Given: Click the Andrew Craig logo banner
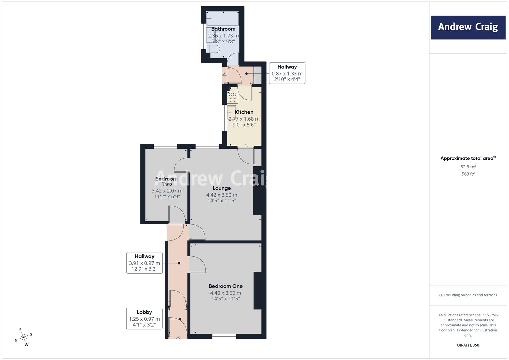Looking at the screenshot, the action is tap(468, 27).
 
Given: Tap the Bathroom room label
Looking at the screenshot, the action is tap(223, 29).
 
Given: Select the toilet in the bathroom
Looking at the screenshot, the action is tap(213, 49).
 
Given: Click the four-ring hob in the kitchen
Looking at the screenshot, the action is tap(232, 97).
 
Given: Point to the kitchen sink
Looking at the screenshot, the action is tap(231, 113).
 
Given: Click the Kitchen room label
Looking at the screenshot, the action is tap(244, 112).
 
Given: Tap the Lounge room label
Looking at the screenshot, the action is tap(222, 188).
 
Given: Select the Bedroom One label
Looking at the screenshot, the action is tap(225, 286).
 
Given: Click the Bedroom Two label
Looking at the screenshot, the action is tap(166, 181).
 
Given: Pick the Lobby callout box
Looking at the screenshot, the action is tap(144, 318).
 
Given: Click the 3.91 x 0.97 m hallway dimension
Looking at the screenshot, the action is tap(144, 263).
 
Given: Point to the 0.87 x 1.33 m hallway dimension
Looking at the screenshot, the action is tap(287, 74).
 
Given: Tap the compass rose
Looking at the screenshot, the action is tap(23, 337).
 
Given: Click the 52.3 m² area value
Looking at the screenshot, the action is tap(468, 167).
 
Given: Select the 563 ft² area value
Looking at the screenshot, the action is tap(468, 174).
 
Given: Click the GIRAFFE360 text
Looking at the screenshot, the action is tap(468, 345).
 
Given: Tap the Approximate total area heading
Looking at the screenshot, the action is tap(468, 158).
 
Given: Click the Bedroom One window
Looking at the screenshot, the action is tap(224, 337).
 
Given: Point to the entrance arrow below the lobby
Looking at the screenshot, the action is tap(178, 339).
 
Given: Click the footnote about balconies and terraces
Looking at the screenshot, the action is tap(468, 295).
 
